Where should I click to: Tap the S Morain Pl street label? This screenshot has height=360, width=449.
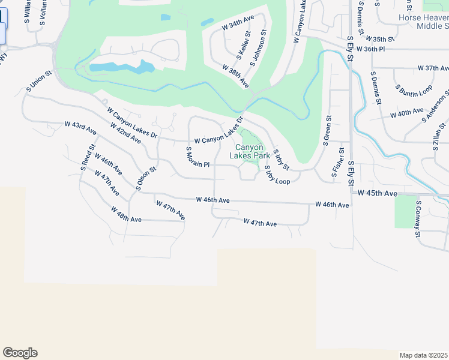click(197, 157)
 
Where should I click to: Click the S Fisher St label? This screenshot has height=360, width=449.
click(339, 164)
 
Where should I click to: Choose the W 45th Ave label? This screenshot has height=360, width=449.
click(378, 194)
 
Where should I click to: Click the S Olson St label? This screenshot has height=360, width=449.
click(146, 178)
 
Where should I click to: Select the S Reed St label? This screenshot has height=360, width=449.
click(88, 157)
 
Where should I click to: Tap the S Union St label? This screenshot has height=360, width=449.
click(40, 82)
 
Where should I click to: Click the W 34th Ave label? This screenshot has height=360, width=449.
click(238, 23)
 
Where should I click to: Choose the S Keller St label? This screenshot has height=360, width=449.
click(243, 46)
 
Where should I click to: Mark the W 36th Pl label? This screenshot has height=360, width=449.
click(370, 49)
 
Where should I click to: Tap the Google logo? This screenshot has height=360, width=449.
click(20, 353)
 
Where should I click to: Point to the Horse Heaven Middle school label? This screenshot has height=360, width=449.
click(424, 22)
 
